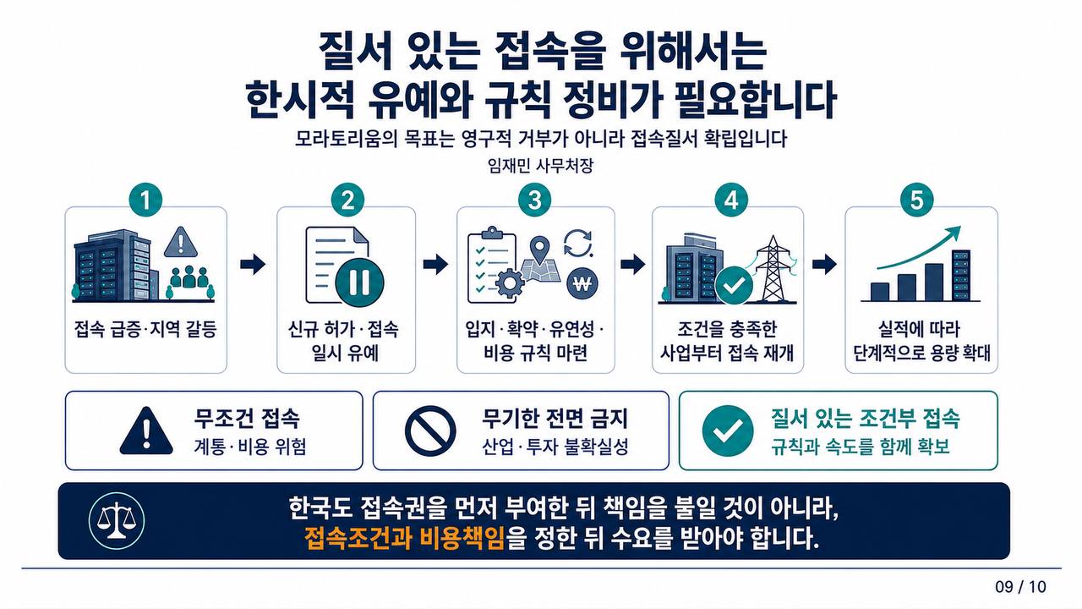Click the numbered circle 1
[x=145, y=200]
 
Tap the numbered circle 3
[x=535, y=200]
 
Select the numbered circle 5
[x=916, y=200]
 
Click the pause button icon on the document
[x=359, y=282]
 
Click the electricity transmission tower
[x=773, y=269]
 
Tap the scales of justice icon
[x=117, y=520]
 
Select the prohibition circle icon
[x=430, y=431]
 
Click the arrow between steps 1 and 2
[x=253, y=264]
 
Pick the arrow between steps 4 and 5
[x=824, y=264]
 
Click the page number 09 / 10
[x=1020, y=587]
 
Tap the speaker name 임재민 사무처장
[x=540, y=167]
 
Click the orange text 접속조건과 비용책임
[x=404, y=538]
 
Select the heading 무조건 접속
[x=246, y=419]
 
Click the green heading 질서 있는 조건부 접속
[x=865, y=419]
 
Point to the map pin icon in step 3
[x=539, y=248]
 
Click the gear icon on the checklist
[x=509, y=284]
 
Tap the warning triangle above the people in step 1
[x=181, y=242]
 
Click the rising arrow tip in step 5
[x=959, y=228]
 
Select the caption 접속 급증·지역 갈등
[x=145, y=330]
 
